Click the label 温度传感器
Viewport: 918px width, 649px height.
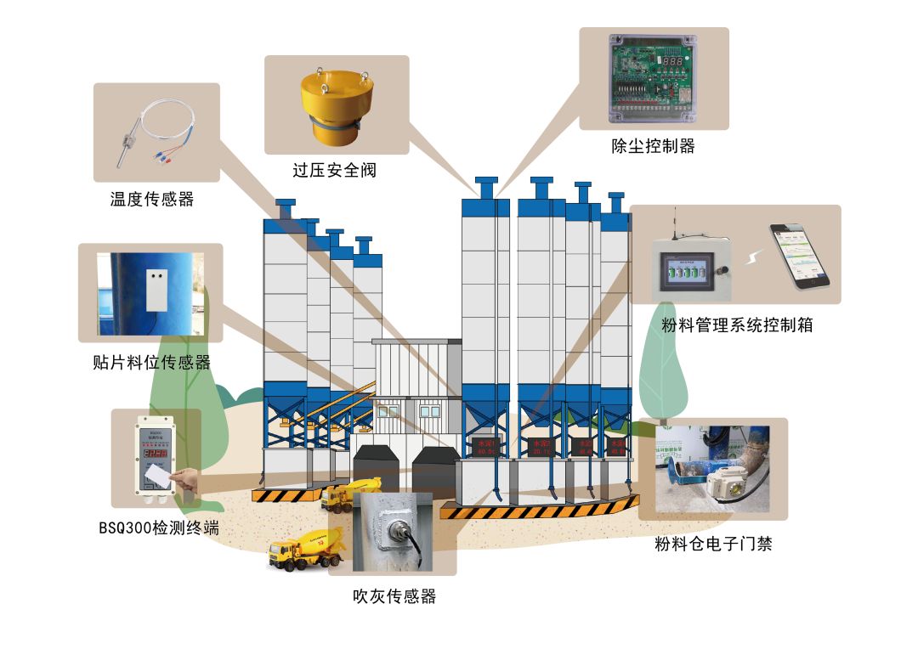152,200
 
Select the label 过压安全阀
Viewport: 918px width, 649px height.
334,171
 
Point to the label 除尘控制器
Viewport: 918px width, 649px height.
653,146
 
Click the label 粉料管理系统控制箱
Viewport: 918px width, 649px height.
737,324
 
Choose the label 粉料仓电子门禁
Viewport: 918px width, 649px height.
713,544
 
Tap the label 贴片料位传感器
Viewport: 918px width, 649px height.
150,363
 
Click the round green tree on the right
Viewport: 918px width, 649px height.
666,365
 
